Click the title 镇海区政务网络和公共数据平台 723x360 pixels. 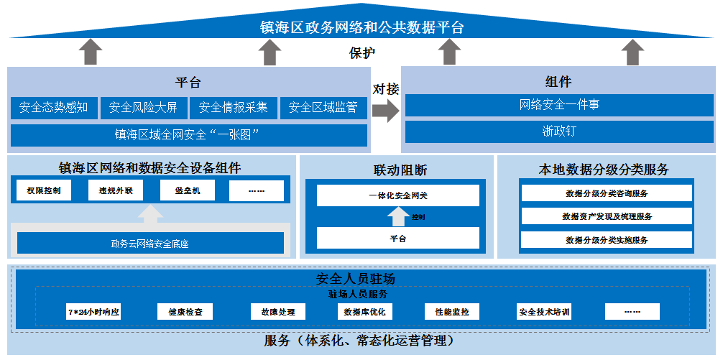361,28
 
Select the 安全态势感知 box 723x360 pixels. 54,108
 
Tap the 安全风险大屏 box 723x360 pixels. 143,108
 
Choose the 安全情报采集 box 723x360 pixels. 233,108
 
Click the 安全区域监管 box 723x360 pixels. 323,108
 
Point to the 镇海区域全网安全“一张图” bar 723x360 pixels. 188,134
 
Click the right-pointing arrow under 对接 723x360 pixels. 385,110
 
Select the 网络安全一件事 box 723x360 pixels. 559,105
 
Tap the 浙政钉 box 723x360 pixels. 559,131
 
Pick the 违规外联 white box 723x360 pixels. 115,191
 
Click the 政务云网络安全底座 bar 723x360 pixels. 150,243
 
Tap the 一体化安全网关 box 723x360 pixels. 397,195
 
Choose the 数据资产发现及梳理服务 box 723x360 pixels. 607,216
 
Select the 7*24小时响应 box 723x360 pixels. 93,312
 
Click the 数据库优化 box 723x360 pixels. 364,312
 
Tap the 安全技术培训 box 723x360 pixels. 544,312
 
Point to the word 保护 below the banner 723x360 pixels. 361,53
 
